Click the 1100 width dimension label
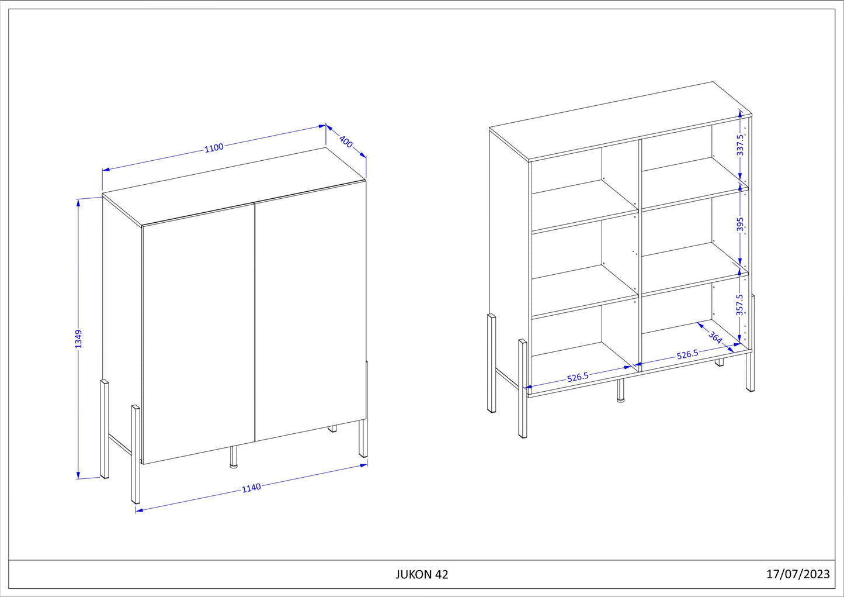pyautogui.click(x=214, y=147)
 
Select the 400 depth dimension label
pyautogui.click(x=346, y=142)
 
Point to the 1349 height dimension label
pyautogui.click(x=78, y=339)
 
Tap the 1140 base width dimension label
pyautogui.click(x=251, y=488)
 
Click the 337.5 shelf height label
pyautogui.click(x=740, y=145)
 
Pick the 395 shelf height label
pyautogui.click(x=741, y=224)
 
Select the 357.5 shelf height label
pyautogui.click(x=739, y=305)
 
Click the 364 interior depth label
pyautogui.click(x=715, y=337)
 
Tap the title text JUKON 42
pyautogui.click(x=422, y=574)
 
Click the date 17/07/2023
pyautogui.click(x=798, y=574)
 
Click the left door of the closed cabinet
pyautogui.click(x=198, y=334)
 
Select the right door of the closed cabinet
pyautogui.click(x=311, y=310)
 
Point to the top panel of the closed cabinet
pyautogui.click(x=234, y=187)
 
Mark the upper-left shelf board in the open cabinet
pyautogui.click(x=585, y=206)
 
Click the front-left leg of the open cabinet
pyautogui.click(x=522, y=389)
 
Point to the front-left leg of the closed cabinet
pyautogui.click(x=136, y=454)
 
